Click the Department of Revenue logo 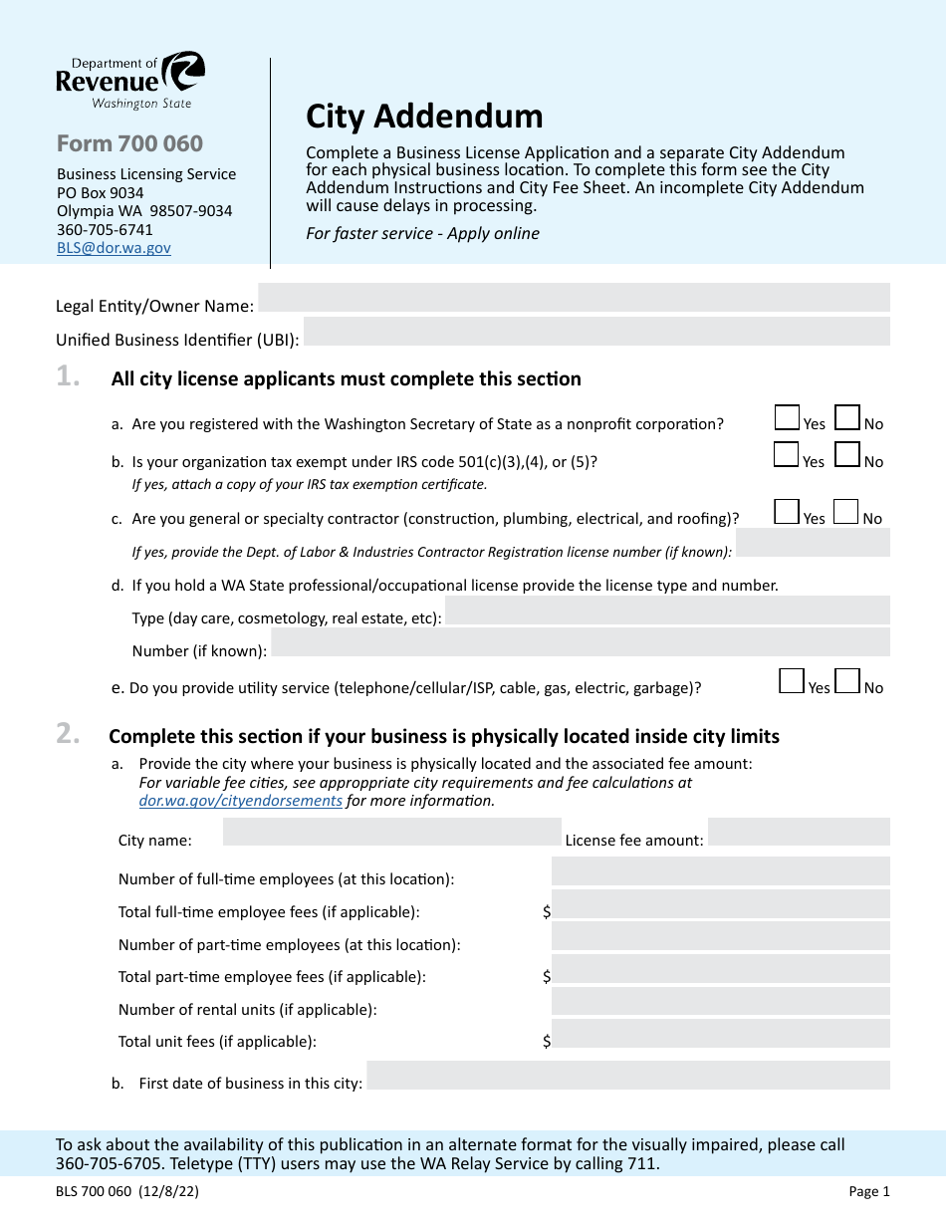coord(130,80)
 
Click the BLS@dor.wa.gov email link coord(114,248)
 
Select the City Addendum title coord(424,117)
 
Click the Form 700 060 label coord(129,143)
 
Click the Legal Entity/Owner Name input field coord(574,298)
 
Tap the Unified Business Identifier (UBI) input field coord(595,332)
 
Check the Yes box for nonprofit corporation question coord(787,417)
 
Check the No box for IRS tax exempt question coord(847,455)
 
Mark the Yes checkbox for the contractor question coord(787,512)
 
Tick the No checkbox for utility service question coord(847,681)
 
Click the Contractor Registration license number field coord(813,543)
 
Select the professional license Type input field coord(667,611)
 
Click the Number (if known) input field coord(581,642)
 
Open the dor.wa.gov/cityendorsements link coord(241,801)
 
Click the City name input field coord(391,833)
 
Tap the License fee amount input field coord(799,833)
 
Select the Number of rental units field coord(720,1002)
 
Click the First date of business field coord(627,1076)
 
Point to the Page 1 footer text coord(869,1191)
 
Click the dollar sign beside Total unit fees coord(547,1042)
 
